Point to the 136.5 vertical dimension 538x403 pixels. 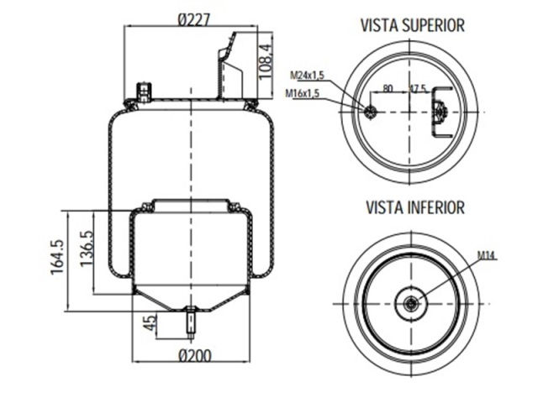(x=86, y=249)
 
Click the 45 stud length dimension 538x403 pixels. (x=150, y=322)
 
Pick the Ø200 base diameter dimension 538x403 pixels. (x=194, y=355)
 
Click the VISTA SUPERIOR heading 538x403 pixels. (x=412, y=25)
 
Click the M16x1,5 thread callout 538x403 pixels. (x=304, y=92)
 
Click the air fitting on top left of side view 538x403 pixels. (x=144, y=91)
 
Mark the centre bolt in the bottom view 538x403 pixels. (x=411, y=303)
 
